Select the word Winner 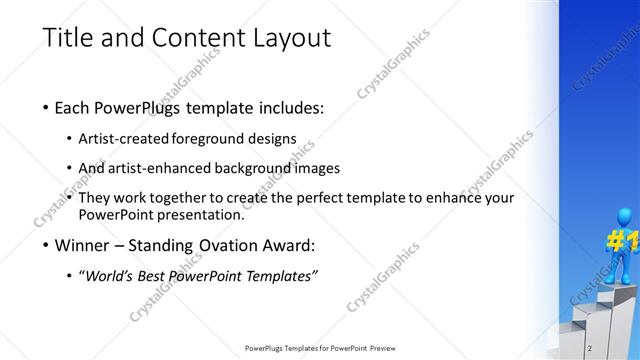pos(84,245)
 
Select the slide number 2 pos(591,347)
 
